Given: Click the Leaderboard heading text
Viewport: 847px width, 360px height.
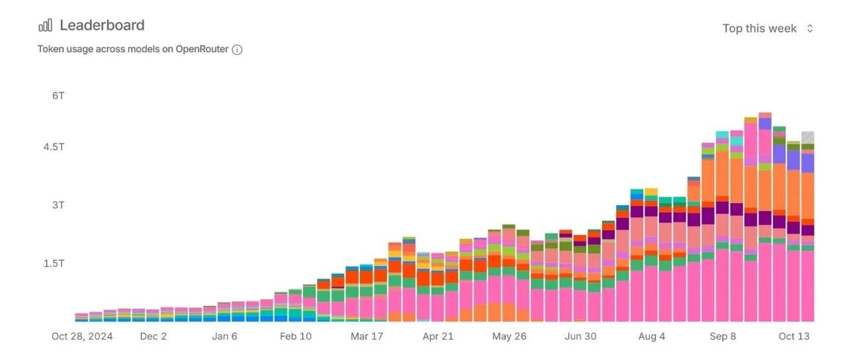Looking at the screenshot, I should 102,25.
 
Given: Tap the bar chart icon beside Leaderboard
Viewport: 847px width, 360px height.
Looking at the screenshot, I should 45,26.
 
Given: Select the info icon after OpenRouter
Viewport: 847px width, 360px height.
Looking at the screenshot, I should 237,50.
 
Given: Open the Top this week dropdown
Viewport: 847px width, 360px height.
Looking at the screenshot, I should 760,28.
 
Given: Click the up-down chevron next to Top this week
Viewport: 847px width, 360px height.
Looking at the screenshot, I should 810,28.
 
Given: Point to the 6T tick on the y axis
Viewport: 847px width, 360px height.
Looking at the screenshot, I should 58,95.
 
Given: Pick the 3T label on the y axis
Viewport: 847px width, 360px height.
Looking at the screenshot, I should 58,204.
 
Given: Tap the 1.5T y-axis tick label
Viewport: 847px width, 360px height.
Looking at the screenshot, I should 54,263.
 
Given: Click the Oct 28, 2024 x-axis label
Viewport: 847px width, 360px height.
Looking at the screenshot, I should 82,336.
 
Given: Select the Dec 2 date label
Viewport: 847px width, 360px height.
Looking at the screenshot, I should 154,336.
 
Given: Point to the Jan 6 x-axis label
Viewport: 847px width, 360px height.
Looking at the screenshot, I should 224,336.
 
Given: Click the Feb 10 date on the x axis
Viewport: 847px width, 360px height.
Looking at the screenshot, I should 296,336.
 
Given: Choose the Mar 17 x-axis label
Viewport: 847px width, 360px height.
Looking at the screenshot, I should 367,336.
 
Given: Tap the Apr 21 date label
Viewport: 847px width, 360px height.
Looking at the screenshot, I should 438,336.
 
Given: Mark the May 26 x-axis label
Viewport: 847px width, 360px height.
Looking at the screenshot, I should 509,336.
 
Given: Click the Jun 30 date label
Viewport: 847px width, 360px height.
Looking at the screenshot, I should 580,336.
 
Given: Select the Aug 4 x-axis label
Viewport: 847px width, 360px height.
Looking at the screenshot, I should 651,336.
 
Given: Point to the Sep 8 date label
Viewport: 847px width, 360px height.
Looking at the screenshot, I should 723,336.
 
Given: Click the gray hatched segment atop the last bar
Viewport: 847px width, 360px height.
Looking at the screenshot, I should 807,138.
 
